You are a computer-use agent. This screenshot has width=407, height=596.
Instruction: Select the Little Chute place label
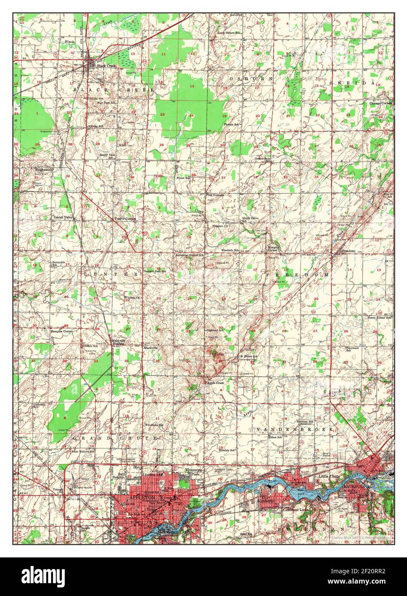(329, 476)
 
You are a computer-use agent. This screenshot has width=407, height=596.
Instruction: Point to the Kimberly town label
(265, 501)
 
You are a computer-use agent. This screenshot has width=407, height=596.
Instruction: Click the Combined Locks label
(294, 510)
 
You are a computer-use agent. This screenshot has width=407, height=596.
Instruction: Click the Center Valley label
(63, 217)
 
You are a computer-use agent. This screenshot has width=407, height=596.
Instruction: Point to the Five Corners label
(214, 195)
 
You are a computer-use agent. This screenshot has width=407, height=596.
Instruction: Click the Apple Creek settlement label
(216, 382)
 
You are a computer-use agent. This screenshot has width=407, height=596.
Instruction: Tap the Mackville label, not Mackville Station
(151, 348)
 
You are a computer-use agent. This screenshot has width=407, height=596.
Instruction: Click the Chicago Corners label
(381, 103)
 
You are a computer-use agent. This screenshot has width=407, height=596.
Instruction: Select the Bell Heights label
(118, 476)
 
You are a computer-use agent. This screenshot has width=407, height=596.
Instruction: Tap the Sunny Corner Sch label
(380, 318)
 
